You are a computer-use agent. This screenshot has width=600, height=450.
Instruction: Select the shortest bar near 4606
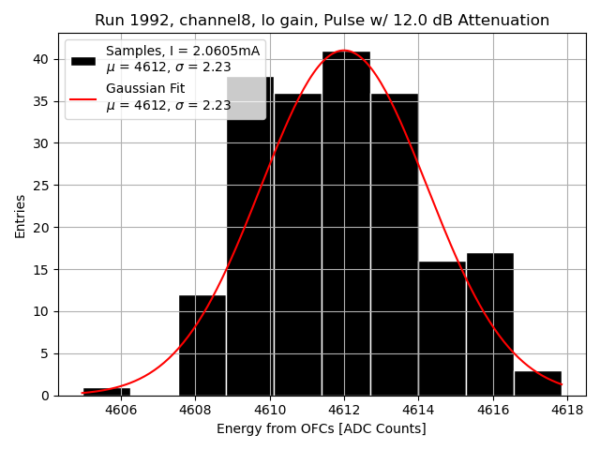(107, 391)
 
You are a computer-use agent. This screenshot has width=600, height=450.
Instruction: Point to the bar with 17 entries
(489, 324)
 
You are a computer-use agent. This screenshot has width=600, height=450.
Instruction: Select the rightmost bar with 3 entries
(537, 383)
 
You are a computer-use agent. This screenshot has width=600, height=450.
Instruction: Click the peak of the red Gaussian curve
(344, 51)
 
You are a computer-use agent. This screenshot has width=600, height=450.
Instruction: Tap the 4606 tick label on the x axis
(121, 411)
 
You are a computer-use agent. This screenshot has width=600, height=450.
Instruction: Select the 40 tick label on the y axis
(41, 59)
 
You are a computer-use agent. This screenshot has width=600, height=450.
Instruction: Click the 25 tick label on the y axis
(41, 186)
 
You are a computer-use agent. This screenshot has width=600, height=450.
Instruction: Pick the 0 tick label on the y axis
(45, 396)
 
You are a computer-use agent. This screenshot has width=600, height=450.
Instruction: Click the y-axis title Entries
(21, 216)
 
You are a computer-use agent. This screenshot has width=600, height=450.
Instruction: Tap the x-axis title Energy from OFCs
(322, 429)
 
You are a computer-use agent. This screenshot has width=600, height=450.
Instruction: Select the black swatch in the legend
(83, 60)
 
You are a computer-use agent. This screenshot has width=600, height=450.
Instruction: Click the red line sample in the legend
(83, 97)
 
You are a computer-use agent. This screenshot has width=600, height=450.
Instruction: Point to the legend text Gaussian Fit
(145, 88)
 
